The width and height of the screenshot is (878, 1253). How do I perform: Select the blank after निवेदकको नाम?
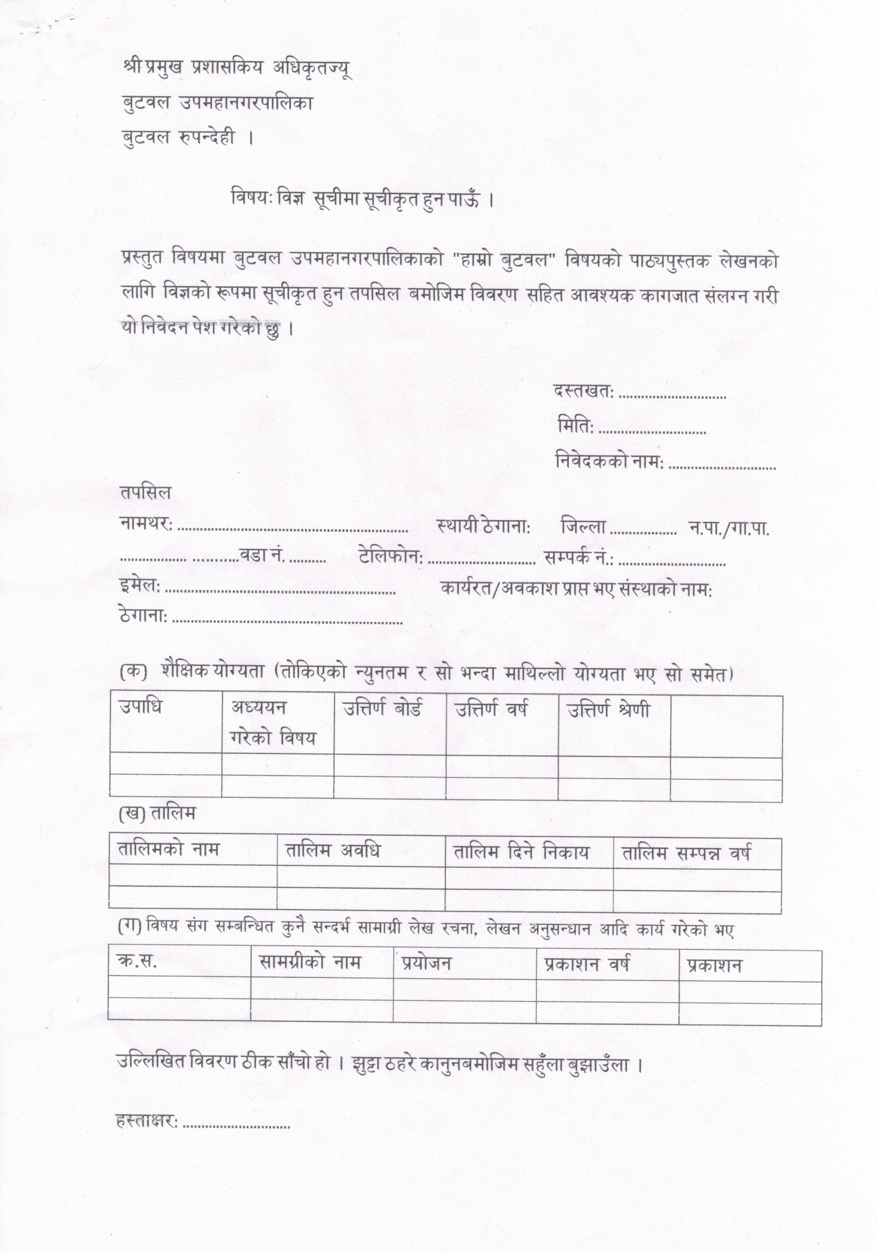click(x=722, y=467)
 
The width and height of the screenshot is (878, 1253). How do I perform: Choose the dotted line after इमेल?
click(x=280, y=591)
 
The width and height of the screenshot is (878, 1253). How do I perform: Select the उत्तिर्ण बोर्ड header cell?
click(x=382, y=709)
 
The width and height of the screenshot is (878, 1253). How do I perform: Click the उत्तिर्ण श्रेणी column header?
click(x=608, y=710)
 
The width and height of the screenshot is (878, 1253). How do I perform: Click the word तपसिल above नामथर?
click(x=146, y=493)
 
